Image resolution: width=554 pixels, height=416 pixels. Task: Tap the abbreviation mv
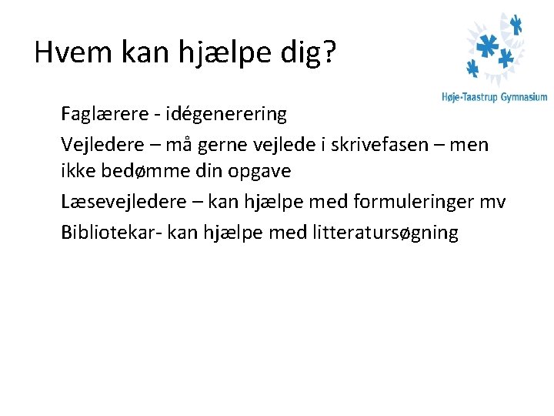(493, 202)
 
